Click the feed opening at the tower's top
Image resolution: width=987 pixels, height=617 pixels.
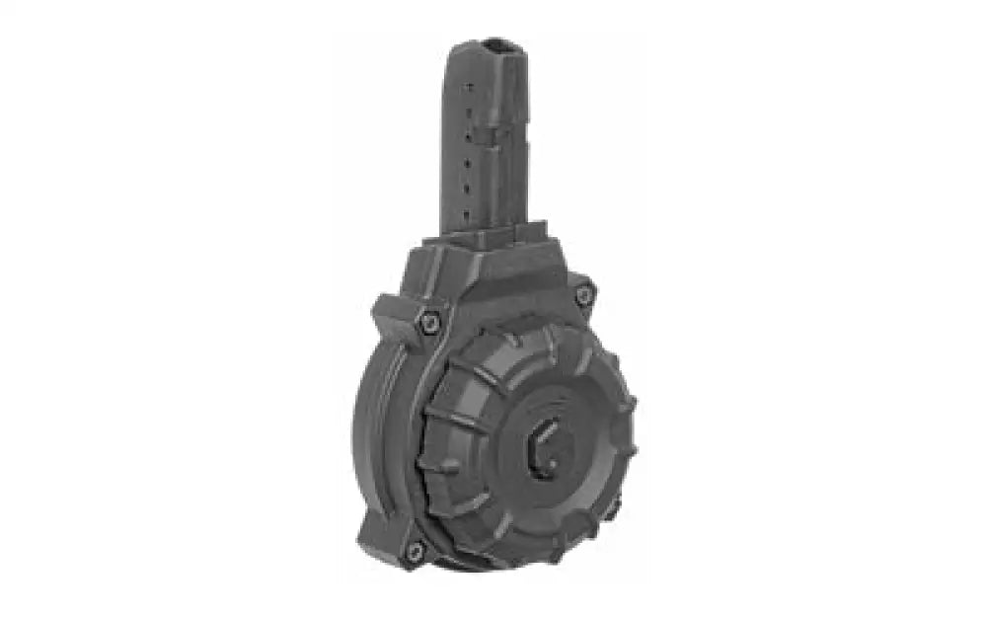click(494, 45)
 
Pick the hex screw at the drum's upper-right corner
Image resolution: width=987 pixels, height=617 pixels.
click(584, 293)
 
